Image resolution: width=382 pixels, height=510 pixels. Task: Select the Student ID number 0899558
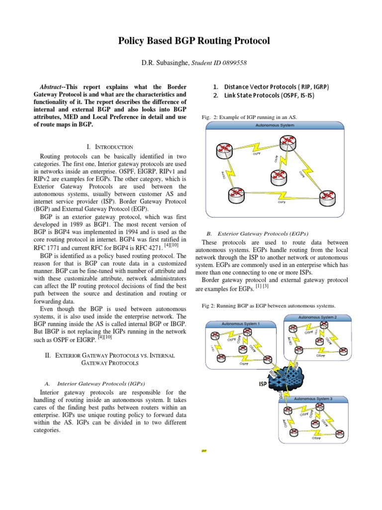(232, 63)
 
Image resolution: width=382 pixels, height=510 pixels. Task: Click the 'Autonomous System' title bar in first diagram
(275, 125)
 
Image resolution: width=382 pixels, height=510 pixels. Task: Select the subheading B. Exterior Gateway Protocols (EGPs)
(257, 233)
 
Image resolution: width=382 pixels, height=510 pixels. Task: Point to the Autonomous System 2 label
(317, 317)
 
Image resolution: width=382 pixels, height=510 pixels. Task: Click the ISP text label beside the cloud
(264, 384)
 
